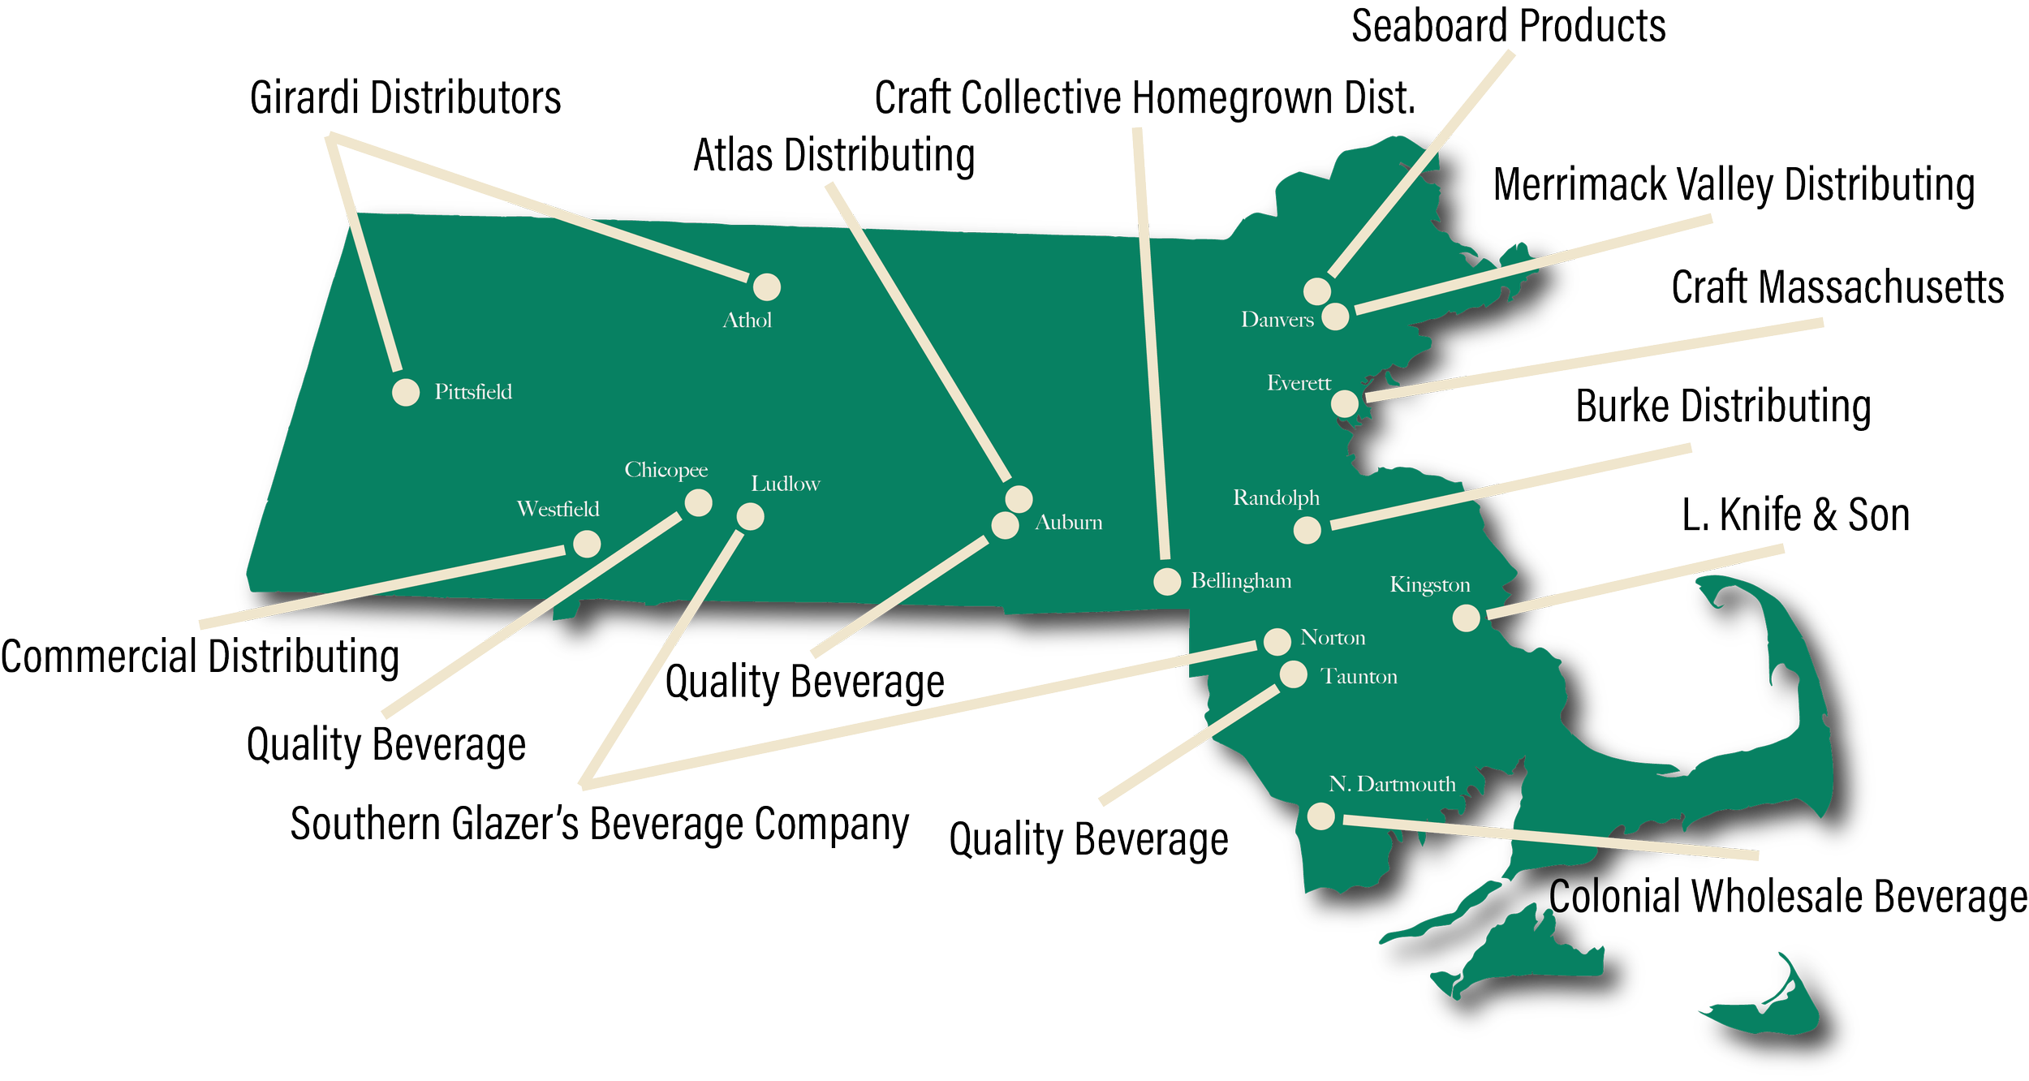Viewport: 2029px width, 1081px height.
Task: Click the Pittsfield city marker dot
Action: pos(406,392)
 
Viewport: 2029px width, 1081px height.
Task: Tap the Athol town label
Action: pos(747,321)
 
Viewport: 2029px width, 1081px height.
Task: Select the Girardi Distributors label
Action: pos(405,99)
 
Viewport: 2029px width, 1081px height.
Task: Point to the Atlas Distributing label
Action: pos(834,156)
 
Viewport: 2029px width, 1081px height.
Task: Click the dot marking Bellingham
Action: pos(1167,581)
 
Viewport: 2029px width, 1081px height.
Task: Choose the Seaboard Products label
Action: pos(1508,26)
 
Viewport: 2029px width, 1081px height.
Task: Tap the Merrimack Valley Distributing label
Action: pos(1734,185)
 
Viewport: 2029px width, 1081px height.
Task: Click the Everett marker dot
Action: pos(1345,403)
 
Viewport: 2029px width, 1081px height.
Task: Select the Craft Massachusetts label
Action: pos(1837,288)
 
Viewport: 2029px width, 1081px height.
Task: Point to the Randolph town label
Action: pos(1276,497)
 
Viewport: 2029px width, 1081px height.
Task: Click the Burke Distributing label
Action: pos(1723,407)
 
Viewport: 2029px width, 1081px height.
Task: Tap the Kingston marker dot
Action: pos(1466,618)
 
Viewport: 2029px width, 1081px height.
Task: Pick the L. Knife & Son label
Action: pos(1795,515)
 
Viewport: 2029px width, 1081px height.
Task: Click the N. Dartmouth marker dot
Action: pos(1320,816)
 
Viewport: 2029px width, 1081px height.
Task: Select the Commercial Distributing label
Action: pos(200,657)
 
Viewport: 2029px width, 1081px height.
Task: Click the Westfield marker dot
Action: pos(587,544)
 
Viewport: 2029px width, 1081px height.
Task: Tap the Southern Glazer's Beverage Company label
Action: pos(599,825)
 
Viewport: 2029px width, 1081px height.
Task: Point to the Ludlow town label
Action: pos(785,485)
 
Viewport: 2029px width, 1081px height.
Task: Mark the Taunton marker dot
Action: pos(1293,674)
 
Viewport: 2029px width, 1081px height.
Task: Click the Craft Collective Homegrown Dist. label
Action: pos(1144,99)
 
